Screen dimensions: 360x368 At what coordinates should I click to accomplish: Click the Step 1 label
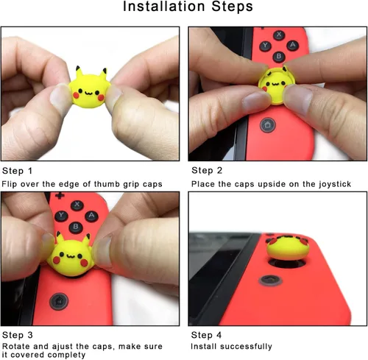[x=18, y=169]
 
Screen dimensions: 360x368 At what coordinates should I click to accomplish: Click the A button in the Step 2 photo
[x=294, y=44]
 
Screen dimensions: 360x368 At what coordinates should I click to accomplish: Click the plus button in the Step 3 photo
[x=59, y=197]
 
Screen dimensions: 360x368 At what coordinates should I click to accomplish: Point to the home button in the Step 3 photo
[x=57, y=302]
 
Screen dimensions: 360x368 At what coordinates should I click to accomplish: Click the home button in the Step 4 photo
[x=272, y=280]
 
